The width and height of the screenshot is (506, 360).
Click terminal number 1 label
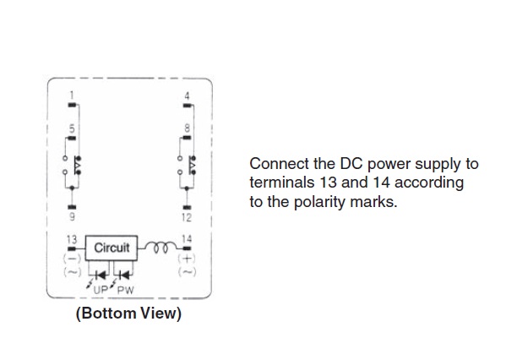(x=72, y=95)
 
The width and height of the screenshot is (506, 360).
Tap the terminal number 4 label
(x=187, y=95)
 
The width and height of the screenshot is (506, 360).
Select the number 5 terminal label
(x=72, y=128)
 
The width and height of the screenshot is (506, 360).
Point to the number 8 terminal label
(x=187, y=128)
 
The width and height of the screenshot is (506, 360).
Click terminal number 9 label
(x=72, y=216)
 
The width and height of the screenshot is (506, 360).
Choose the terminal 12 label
(x=187, y=218)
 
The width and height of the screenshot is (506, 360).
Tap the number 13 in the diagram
(x=72, y=239)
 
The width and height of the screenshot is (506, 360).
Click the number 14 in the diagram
(x=187, y=239)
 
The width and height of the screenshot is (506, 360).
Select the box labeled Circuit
(x=112, y=248)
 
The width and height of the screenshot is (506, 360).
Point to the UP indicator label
(x=101, y=290)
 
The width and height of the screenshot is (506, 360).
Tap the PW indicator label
(x=125, y=290)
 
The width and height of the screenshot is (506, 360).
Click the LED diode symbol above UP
(x=101, y=275)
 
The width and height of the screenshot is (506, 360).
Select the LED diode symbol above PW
(x=124, y=275)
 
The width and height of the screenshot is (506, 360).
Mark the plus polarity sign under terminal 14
(x=187, y=259)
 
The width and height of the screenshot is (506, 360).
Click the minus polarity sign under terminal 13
(x=72, y=259)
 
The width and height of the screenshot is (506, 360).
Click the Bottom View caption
(x=128, y=314)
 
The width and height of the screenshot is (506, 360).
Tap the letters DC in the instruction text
(x=351, y=164)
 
